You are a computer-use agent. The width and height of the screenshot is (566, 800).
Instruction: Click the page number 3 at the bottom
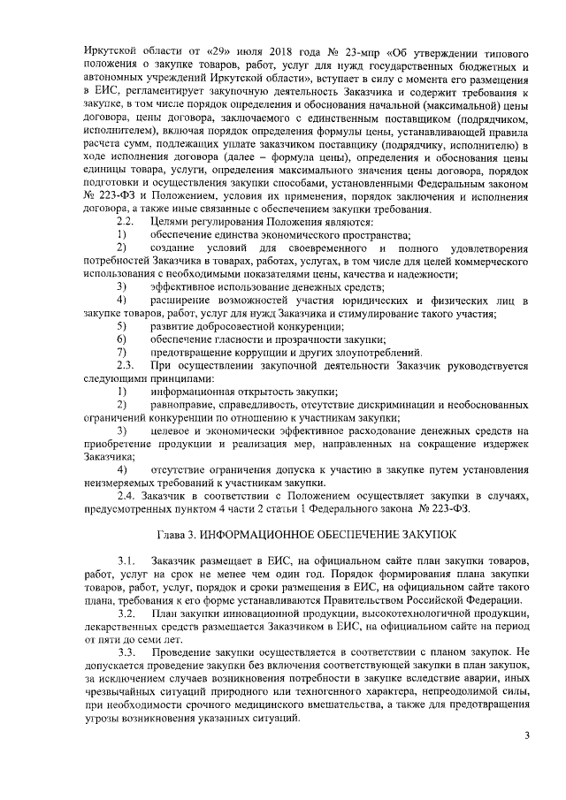(x=527, y=735)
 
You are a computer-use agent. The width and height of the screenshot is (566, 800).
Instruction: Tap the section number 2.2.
(x=126, y=221)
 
